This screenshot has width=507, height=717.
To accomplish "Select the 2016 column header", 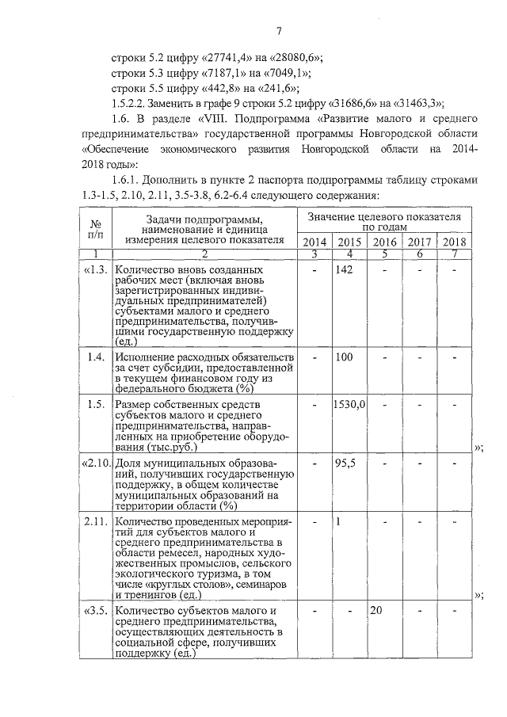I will [x=385, y=242].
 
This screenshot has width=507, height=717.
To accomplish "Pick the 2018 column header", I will [x=455, y=242].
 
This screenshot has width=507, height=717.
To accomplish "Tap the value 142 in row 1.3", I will [x=343, y=270].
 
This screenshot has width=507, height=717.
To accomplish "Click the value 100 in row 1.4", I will [x=343, y=358].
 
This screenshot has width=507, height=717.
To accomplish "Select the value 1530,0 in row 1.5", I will [x=349, y=405].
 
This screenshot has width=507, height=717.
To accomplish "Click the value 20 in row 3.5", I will [x=376, y=612].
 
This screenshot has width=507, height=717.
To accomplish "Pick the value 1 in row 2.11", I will [x=338, y=522].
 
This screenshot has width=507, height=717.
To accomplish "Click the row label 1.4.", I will [x=97, y=358].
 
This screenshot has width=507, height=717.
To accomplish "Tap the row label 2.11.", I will [x=95, y=522].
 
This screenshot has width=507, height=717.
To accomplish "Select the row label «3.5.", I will [x=94, y=612].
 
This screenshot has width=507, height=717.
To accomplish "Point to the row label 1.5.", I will [x=97, y=405].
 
